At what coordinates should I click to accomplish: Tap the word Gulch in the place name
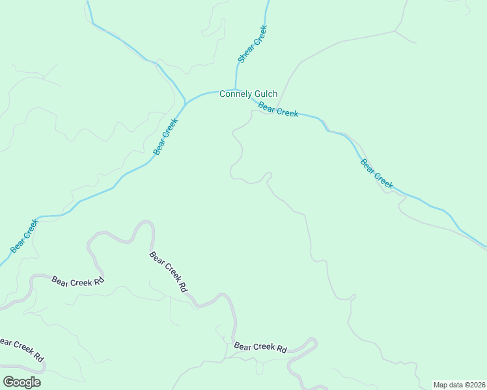pos(266,94)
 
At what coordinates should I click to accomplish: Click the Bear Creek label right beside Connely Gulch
pos(277,109)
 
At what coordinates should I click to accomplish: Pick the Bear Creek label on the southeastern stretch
pos(377,174)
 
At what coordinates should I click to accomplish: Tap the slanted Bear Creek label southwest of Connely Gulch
pos(165,136)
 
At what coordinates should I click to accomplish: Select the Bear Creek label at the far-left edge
pos(25,235)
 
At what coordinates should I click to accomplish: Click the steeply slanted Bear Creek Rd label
pos(168,272)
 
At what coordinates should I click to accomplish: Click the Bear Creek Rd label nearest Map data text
pos(260,348)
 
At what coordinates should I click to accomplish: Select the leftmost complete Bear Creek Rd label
pos(77,280)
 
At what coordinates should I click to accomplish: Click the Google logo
pos(21,382)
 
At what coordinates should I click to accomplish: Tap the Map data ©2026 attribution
pos(459,385)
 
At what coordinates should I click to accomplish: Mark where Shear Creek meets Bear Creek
pos(236,90)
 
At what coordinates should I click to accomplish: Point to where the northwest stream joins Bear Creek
pos(186,103)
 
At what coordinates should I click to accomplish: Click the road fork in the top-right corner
pos(395,31)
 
